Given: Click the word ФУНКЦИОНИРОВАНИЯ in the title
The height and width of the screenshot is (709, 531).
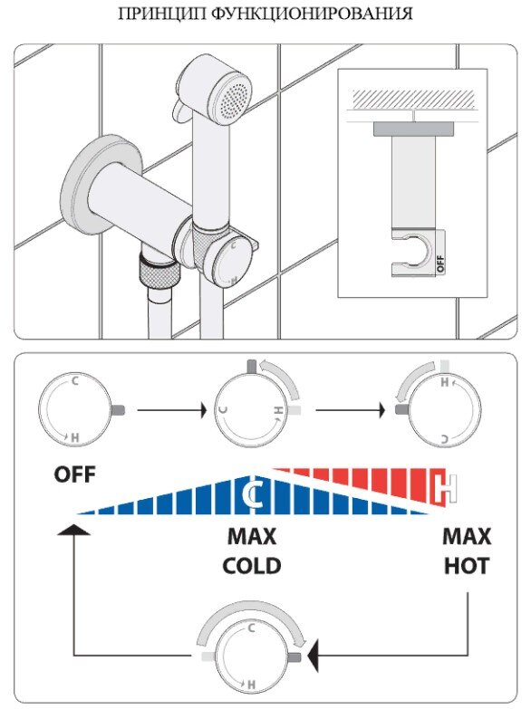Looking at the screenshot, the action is click(312, 14).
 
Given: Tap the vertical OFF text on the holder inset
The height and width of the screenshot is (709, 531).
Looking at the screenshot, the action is click(440, 263).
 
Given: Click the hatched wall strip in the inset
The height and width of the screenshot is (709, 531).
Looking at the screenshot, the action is click(414, 100).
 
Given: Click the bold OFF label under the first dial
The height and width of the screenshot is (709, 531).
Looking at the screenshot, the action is click(74, 474).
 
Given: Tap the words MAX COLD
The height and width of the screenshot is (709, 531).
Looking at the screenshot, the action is click(252, 551).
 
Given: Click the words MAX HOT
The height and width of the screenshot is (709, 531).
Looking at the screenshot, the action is click(467, 551).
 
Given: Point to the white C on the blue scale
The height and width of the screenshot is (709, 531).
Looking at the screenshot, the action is click(252, 494).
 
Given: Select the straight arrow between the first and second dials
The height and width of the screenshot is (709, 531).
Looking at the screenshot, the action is click(172, 410).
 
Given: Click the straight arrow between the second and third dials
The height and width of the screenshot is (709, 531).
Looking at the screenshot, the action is click(351, 410).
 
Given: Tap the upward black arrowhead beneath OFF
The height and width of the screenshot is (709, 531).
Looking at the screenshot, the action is click(73, 530).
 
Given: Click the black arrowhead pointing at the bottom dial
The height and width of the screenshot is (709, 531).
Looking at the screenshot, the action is click(313, 656).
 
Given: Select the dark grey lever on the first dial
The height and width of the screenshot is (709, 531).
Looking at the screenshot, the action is click(118, 410).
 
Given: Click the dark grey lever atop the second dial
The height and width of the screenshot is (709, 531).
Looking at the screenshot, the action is click(252, 366).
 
